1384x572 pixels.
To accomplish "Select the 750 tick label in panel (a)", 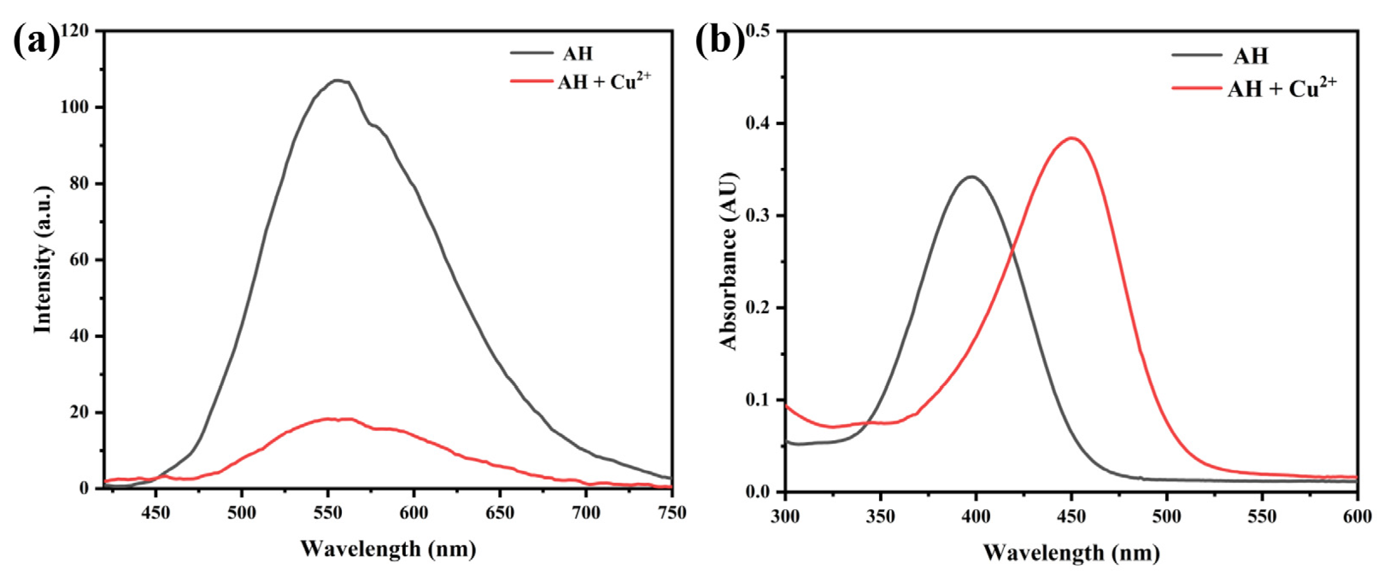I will tap(672, 513).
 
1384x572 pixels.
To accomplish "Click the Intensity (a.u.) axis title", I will tap(43, 260).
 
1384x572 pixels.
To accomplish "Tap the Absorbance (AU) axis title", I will tap(728, 261).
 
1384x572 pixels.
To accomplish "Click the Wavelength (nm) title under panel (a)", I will tap(388, 549).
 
